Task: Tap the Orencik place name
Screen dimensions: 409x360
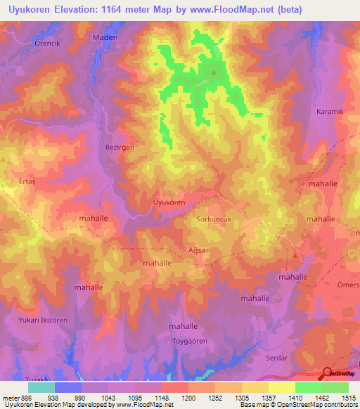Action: pos(30,42)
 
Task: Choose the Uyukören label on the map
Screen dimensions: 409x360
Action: pos(169,202)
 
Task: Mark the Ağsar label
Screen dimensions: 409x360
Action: pos(180,249)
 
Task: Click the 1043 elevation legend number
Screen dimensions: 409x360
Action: pos(109,397)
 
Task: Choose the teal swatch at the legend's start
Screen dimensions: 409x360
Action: pos(41,387)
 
